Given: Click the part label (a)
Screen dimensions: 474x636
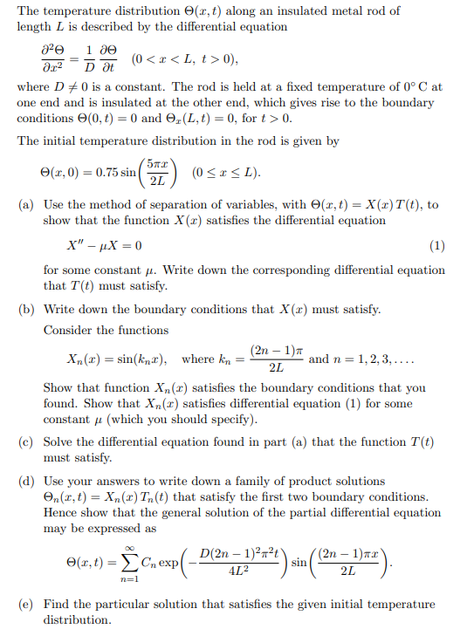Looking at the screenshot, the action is coord(27,204).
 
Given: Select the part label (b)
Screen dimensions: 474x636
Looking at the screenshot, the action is coord(27,309).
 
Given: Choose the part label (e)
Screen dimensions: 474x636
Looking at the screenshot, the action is coord(27,605).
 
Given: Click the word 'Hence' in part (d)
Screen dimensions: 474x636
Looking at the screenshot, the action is coord(62,512).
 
